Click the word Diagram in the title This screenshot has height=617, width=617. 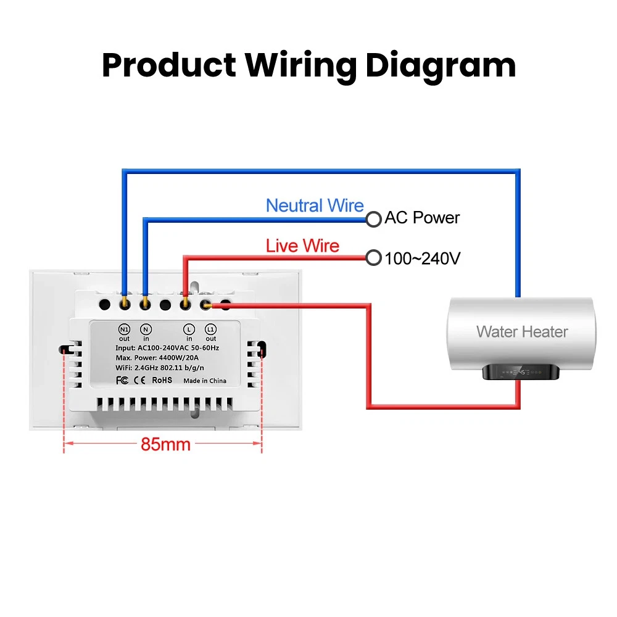pos(441,65)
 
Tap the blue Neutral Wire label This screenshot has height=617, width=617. pos(315,205)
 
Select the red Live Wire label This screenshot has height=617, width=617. pos(302,246)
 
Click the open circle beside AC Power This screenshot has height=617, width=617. pos(373,218)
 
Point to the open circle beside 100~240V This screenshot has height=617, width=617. pos(373,258)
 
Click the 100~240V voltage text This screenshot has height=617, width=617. pos(423,259)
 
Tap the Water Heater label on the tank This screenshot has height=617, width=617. pos(522,331)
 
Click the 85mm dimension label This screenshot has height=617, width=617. pos(165,444)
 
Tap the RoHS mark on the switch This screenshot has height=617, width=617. pos(162,380)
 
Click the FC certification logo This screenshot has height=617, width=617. pos(122,380)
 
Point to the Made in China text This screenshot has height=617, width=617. pos(204,381)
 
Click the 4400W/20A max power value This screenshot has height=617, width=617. pos(184,358)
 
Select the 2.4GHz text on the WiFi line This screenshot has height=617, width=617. pos(151,369)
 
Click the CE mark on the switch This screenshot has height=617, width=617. pos(140,380)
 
